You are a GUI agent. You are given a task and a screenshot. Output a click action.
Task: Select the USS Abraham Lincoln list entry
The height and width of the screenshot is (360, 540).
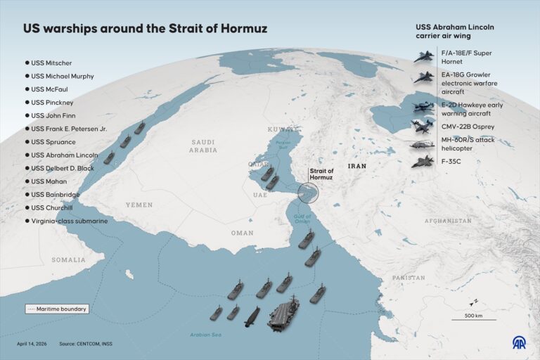[x=63, y=155]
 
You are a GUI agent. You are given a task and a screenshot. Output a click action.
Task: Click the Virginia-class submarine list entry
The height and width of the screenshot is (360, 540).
[x=67, y=221]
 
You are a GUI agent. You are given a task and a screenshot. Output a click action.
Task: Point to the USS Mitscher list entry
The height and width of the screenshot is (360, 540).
[x=51, y=62]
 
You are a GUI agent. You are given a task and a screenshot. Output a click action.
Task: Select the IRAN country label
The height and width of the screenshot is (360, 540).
[x=357, y=166]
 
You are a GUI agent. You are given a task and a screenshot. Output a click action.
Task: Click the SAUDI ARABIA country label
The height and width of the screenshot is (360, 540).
[x=205, y=146]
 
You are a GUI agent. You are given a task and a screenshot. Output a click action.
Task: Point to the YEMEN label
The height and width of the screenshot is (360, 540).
[x=139, y=205]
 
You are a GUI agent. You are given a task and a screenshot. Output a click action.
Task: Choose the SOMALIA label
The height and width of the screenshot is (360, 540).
[x=68, y=259]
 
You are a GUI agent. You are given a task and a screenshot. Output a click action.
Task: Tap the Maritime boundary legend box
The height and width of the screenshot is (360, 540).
[x=57, y=309]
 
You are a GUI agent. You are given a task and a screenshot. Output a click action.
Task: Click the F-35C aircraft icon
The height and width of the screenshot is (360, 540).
[x=423, y=162]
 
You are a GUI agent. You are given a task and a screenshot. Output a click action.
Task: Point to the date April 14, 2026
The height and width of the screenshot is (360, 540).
[x=32, y=344]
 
